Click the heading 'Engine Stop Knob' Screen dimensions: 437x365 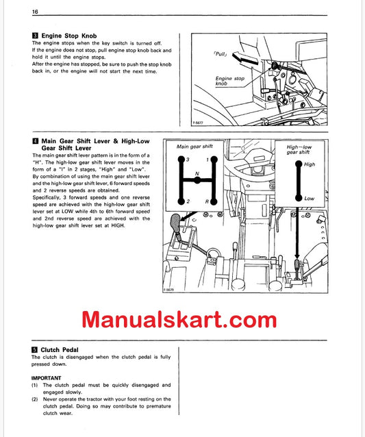pos(69,35)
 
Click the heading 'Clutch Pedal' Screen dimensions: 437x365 pos(60,349)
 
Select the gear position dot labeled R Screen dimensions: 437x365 pos(214,201)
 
